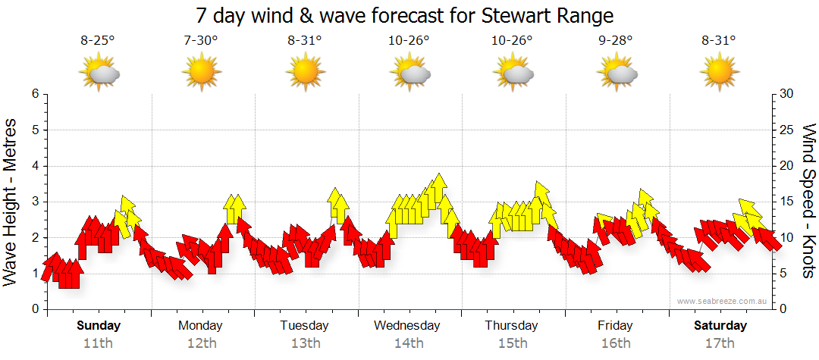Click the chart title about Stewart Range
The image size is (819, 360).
(x=404, y=15)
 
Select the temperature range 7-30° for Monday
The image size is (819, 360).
(x=201, y=42)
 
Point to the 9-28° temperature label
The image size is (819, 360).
(x=615, y=42)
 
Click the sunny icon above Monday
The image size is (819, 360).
(x=201, y=74)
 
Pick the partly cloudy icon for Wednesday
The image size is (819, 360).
(x=409, y=74)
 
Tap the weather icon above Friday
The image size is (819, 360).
(x=617, y=74)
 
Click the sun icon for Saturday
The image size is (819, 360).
(x=720, y=74)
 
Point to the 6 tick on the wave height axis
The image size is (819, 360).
(x=34, y=94)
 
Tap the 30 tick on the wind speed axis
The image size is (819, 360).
(x=786, y=94)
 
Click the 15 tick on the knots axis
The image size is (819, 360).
(x=786, y=202)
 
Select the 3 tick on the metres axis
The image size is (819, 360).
(x=34, y=202)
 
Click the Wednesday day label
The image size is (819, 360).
(x=407, y=326)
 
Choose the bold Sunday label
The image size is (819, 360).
(x=99, y=326)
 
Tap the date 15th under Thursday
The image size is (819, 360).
(x=512, y=343)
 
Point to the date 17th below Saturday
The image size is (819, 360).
(x=720, y=343)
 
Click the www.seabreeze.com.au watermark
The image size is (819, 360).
(x=723, y=301)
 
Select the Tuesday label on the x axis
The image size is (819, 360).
(x=304, y=326)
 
